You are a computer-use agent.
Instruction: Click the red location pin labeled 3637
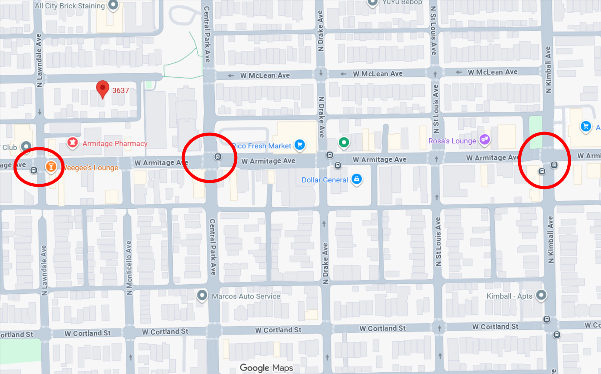pyautogui.click(x=103, y=89)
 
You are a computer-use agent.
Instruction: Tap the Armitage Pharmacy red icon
pyautogui.click(x=71, y=142)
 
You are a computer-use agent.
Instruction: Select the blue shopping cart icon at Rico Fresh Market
pyautogui.click(x=299, y=145)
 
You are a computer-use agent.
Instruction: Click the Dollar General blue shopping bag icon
pyautogui.click(x=356, y=179)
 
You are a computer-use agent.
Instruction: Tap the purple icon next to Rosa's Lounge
pyautogui.click(x=484, y=140)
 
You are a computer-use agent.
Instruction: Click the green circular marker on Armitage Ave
pyautogui.click(x=344, y=142)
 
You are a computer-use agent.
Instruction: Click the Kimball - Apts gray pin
pyautogui.click(x=542, y=295)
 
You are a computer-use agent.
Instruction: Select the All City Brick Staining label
pyautogui.click(x=70, y=6)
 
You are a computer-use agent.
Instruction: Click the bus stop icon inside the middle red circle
pyautogui.click(x=218, y=157)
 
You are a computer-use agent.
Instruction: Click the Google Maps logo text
pyautogui.click(x=266, y=367)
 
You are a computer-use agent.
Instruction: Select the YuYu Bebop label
pyautogui.click(x=402, y=2)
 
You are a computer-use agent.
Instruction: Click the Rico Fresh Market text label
pyautogui.click(x=262, y=146)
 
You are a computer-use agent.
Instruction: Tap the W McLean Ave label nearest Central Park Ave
pyautogui.click(x=265, y=75)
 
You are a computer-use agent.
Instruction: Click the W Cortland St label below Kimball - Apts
pyautogui.click(x=495, y=326)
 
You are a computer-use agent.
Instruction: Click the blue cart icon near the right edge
pyautogui.click(x=585, y=126)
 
